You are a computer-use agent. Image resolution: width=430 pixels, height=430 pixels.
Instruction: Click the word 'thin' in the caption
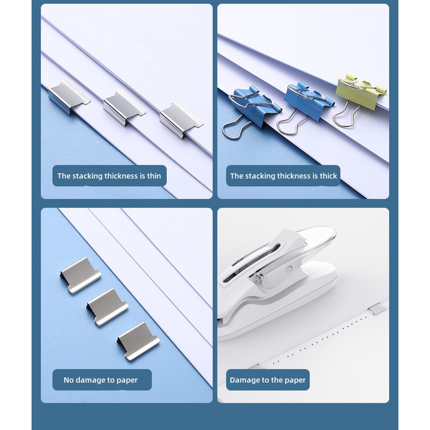point(154,176)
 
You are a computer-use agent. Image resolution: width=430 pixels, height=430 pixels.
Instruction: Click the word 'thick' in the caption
point(328,176)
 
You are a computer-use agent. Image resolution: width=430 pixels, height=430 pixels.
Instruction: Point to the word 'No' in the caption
point(69,380)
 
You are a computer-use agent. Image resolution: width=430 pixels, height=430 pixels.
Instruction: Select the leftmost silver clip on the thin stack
point(69,97)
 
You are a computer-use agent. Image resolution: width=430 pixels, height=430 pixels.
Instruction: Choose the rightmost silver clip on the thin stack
point(181,119)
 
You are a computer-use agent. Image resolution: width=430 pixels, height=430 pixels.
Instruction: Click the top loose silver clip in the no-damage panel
point(81,275)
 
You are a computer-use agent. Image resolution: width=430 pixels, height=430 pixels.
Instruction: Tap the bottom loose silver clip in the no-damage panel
point(138,341)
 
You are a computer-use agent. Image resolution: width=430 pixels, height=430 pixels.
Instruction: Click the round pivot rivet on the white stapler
point(288,269)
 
